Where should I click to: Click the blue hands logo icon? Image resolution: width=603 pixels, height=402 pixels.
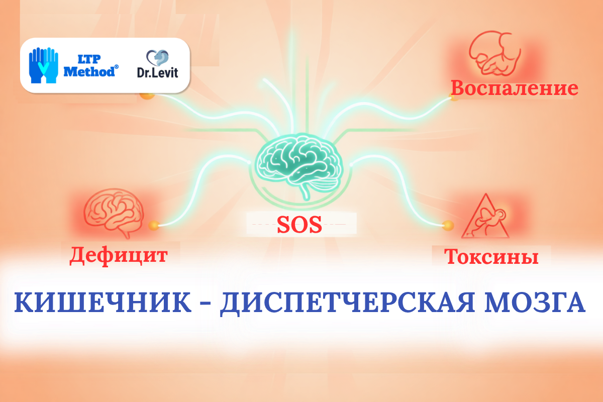pyautogui.click(x=44, y=65)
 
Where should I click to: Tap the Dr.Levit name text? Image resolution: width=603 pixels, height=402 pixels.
pyautogui.click(x=157, y=72)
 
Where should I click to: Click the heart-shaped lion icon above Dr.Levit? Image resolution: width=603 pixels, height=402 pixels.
pyautogui.click(x=157, y=58)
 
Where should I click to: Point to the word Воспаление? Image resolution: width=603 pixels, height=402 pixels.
pyautogui.click(x=515, y=88)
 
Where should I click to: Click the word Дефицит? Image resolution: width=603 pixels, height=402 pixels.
pyautogui.click(x=119, y=256)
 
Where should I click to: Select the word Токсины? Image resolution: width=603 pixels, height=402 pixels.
pyautogui.click(x=491, y=257)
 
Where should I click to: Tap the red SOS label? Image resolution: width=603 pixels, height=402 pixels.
pyautogui.click(x=299, y=225)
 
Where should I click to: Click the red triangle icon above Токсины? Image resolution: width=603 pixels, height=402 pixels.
pyautogui.click(x=485, y=217)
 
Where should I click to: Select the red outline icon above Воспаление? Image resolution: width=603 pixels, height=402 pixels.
pyautogui.click(x=495, y=53)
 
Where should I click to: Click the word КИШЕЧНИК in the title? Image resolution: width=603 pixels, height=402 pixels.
pyautogui.click(x=103, y=303)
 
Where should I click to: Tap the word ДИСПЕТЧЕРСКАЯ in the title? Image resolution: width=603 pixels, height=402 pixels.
pyautogui.click(x=347, y=303)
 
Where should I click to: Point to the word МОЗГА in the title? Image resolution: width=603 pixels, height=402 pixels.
pyautogui.click(x=535, y=303)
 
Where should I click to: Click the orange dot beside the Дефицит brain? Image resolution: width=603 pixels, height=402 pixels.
pyautogui.click(x=154, y=225)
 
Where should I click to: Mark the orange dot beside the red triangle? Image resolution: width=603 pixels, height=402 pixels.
pyautogui.click(x=448, y=225)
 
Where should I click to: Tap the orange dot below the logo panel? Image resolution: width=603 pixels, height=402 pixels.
pyautogui.click(x=147, y=95)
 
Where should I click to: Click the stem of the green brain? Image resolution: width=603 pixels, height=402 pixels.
pyautogui.click(x=306, y=192)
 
